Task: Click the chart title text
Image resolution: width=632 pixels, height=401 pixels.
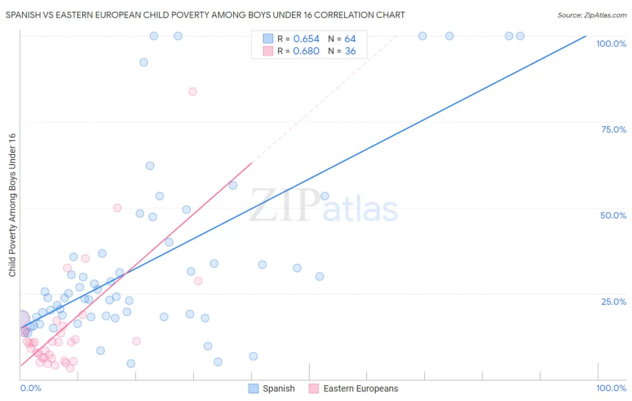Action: coord(205,15)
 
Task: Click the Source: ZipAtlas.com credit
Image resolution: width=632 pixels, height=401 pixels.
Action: coord(592,15)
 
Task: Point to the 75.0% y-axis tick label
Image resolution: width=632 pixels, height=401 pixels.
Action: coord(614,129)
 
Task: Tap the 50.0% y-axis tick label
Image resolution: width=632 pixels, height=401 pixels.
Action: coord(613,215)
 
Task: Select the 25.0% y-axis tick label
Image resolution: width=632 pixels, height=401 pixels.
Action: coord(614,301)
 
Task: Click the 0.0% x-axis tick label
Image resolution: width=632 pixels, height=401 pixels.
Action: coord(31,388)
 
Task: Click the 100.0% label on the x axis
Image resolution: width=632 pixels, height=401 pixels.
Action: coord(611,388)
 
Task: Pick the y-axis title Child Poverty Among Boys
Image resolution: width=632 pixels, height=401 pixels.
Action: coord(12,205)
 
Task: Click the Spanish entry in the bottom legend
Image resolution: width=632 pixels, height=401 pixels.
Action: coord(272,388)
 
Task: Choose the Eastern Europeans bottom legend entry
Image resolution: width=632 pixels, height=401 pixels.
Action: coord(354,388)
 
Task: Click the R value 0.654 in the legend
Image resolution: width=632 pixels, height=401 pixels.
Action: coord(306,39)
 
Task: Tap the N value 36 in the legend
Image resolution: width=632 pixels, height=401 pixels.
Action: coord(350,51)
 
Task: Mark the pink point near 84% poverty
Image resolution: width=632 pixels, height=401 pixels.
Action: coord(192,92)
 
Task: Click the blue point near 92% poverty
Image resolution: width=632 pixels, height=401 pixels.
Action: coord(144,62)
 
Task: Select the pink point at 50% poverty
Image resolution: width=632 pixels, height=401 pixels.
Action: coord(117,208)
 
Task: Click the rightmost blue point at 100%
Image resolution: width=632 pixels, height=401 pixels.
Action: coord(520,36)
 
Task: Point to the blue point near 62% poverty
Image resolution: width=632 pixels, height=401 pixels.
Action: coord(150,166)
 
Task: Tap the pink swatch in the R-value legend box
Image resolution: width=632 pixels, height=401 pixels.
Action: coord(268,51)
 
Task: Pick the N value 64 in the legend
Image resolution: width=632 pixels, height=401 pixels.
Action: coord(350,39)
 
